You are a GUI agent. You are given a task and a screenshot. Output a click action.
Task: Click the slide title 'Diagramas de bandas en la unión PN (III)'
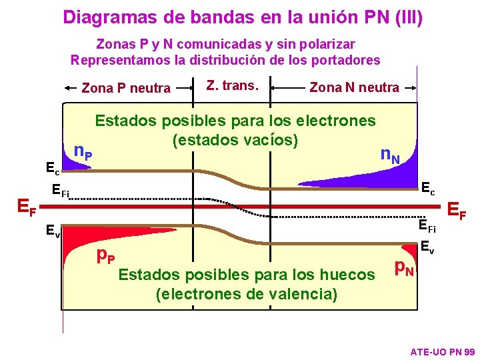pyautogui.click(x=243, y=17)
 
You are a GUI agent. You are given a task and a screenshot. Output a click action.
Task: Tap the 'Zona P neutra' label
pyautogui.click(x=125, y=87)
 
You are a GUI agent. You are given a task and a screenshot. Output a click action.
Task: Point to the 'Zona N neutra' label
pyautogui.click(x=355, y=87)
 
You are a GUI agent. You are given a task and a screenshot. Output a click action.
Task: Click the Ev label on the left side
pyautogui.click(x=53, y=232)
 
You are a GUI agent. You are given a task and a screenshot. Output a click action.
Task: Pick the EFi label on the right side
pyautogui.click(x=427, y=227)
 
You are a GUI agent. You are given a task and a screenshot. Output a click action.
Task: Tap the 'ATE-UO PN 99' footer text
pyautogui.click(x=442, y=351)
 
